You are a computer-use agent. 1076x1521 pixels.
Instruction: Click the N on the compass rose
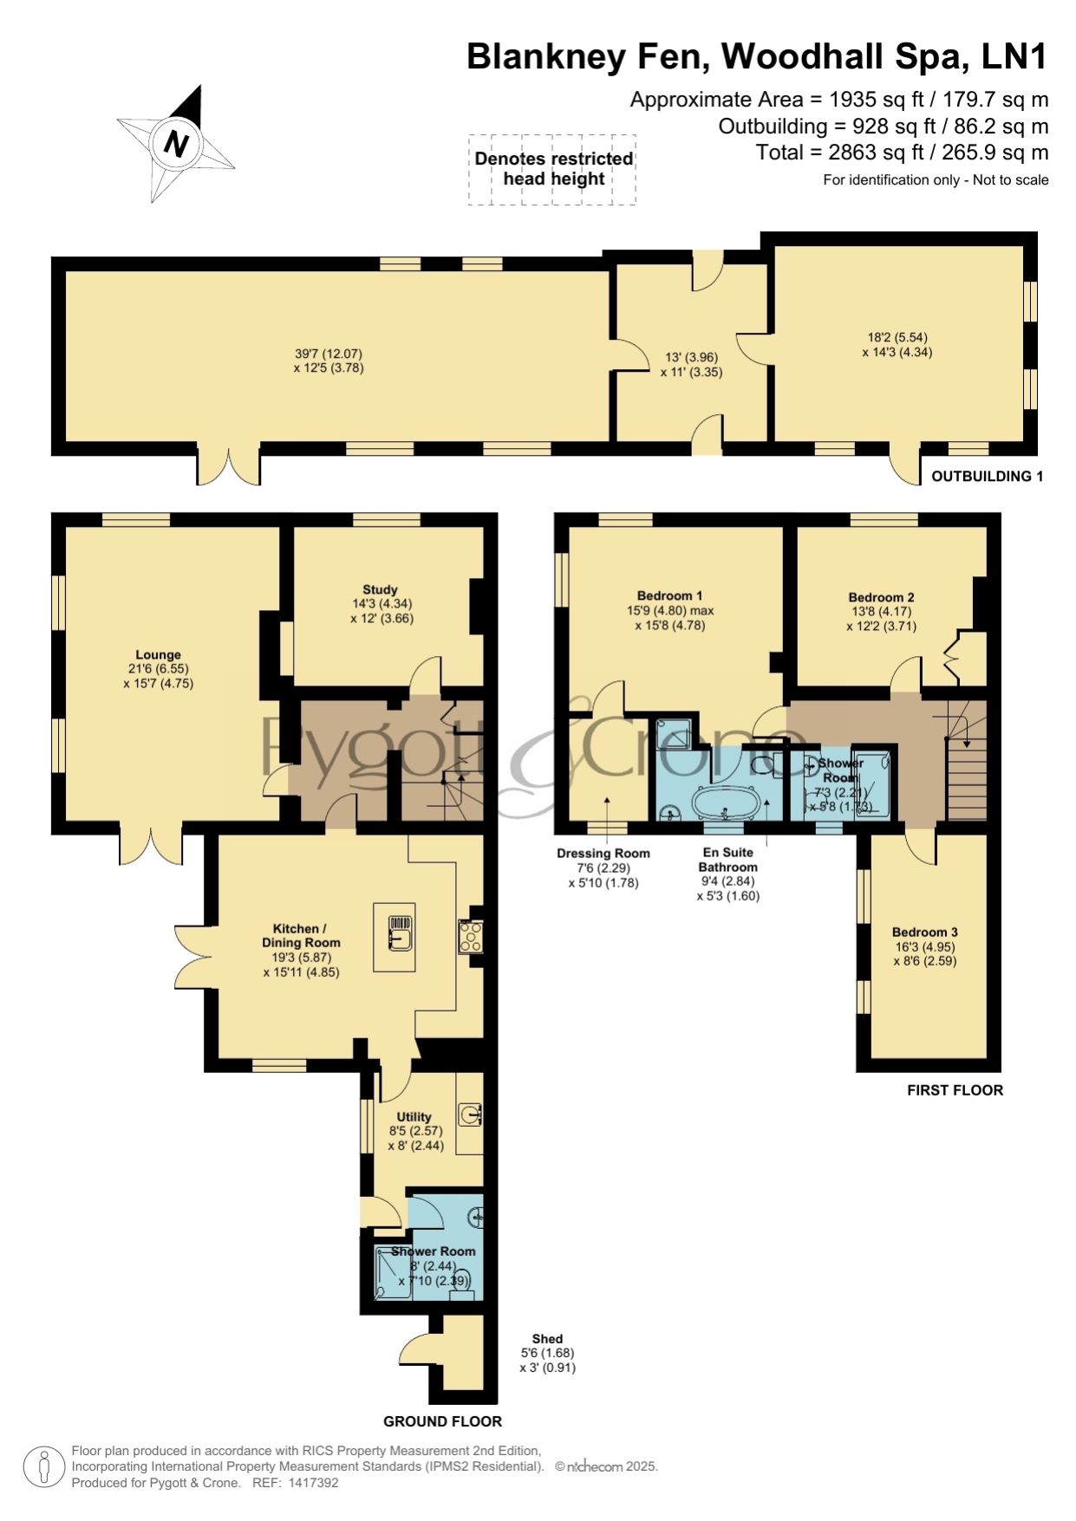(x=177, y=143)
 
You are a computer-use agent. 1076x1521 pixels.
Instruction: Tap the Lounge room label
(x=158, y=655)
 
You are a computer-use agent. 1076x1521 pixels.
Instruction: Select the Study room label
(x=381, y=589)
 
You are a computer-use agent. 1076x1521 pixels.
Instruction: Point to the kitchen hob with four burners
(x=471, y=936)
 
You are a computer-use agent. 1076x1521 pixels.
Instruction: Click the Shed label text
(x=547, y=1339)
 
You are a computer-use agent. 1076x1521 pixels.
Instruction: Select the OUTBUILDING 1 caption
(x=988, y=476)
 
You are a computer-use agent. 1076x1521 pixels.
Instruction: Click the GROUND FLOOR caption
(x=443, y=1421)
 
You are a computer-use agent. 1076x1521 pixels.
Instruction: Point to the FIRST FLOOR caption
(x=955, y=1090)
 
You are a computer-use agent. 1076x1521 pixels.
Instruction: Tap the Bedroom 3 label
(x=925, y=933)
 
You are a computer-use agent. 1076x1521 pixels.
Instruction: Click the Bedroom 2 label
(x=882, y=597)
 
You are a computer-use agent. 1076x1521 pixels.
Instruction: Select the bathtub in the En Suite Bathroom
(x=725, y=802)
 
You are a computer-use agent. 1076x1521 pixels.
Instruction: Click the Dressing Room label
(x=603, y=854)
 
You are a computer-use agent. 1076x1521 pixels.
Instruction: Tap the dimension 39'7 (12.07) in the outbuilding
(x=329, y=354)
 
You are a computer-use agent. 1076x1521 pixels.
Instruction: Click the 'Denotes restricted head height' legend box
(x=552, y=170)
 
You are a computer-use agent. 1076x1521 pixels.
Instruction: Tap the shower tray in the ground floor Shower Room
(x=393, y=1273)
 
